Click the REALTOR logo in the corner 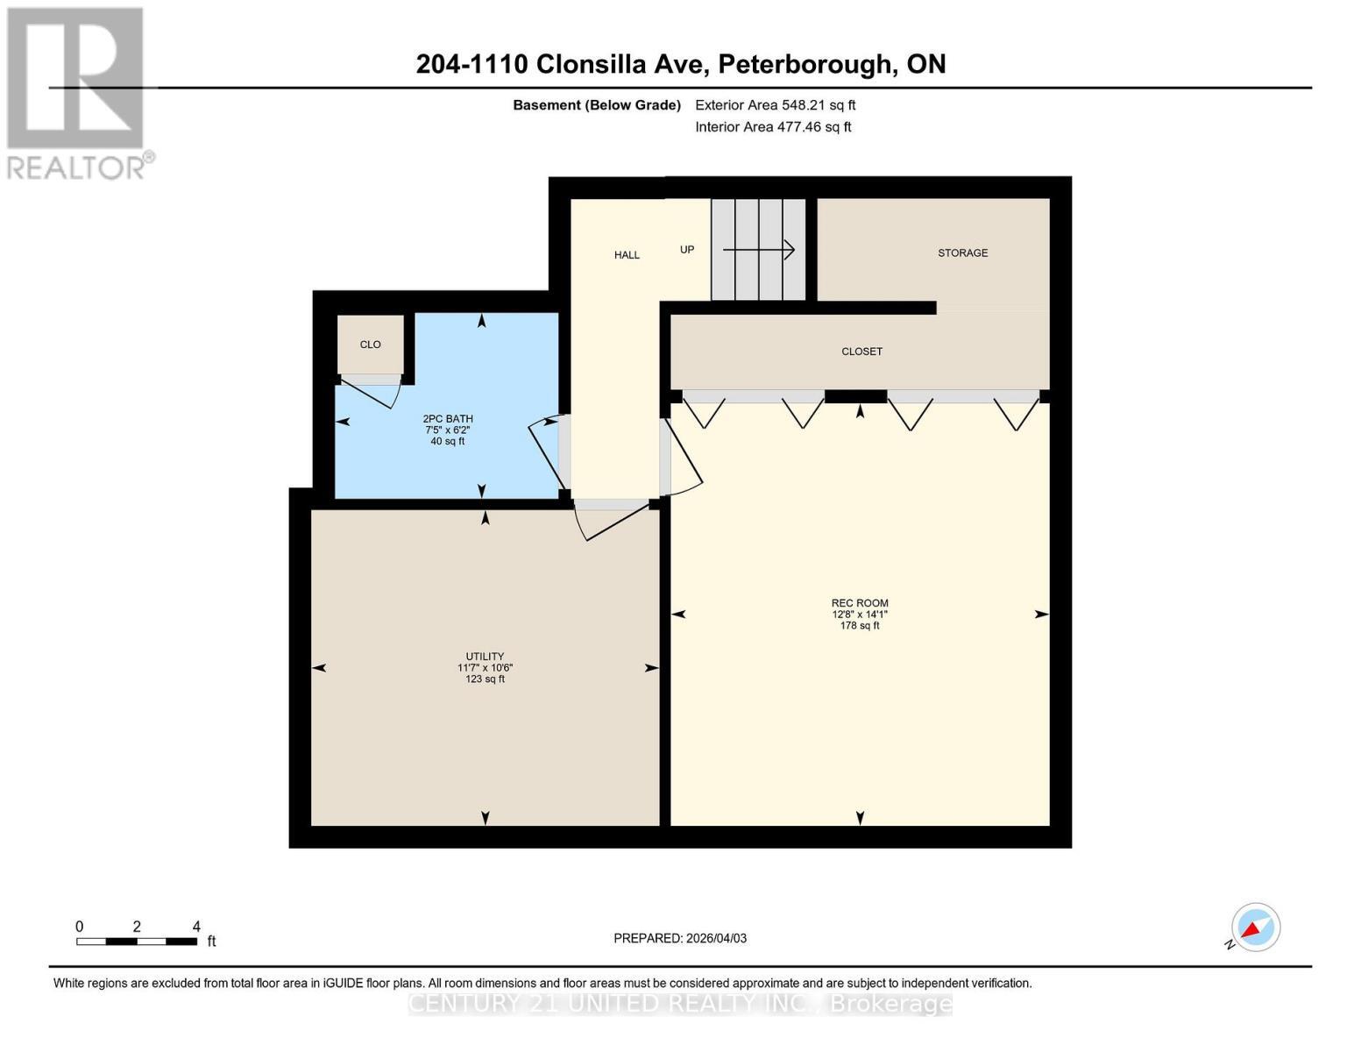click(77, 92)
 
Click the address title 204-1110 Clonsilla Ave click(680, 64)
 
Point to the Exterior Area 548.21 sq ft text click(775, 105)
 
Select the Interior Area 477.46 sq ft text click(773, 127)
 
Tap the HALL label click(627, 255)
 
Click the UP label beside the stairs click(687, 250)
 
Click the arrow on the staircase click(758, 250)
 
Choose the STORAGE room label click(962, 252)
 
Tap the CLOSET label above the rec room click(861, 352)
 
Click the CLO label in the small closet click(370, 345)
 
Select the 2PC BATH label click(447, 419)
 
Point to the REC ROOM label click(860, 603)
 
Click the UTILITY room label click(485, 657)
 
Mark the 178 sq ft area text click(860, 626)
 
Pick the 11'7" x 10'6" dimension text click(485, 668)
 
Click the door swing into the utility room click(609, 519)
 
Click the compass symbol click(1255, 928)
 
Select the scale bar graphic click(136, 942)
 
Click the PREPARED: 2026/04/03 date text click(680, 938)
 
